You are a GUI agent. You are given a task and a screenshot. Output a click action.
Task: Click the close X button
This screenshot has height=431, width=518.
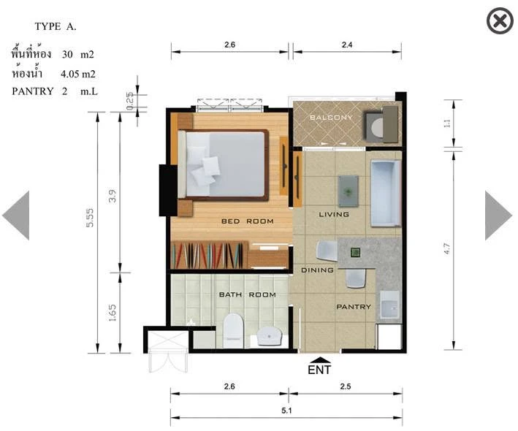pyautogui.click(x=500, y=20)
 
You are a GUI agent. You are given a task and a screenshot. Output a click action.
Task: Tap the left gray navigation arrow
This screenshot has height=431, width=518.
pyautogui.click(x=17, y=215)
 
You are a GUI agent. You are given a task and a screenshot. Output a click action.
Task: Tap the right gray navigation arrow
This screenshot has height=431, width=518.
pyautogui.click(x=498, y=215)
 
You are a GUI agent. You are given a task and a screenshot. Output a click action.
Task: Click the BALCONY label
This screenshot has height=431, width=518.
pyautogui.click(x=331, y=117)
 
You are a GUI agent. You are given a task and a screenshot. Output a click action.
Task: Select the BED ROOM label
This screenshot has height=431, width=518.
pyautogui.click(x=248, y=221)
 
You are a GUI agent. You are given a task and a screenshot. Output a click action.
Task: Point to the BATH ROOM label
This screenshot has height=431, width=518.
pyautogui.click(x=248, y=294)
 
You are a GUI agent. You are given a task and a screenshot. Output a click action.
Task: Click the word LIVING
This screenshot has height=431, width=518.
pyautogui.click(x=334, y=214)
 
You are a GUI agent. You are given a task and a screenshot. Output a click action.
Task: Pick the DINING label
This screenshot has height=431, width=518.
pyautogui.click(x=317, y=270)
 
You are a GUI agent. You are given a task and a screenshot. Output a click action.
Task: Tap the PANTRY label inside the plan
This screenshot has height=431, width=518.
pyautogui.click(x=354, y=307)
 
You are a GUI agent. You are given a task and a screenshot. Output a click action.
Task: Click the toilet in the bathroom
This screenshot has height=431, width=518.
pyautogui.click(x=233, y=330)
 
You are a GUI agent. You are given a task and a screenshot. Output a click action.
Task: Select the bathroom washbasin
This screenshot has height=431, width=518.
pyautogui.click(x=270, y=336)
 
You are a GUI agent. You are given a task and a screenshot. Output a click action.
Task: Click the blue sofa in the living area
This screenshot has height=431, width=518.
pyautogui.click(x=386, y=193)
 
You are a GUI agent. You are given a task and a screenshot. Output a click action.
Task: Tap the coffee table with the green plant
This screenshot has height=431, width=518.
pyautogui.click(x=348, y=191)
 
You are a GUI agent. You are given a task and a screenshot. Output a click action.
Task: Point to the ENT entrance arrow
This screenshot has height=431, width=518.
pyautogui.click(x=319, y=360)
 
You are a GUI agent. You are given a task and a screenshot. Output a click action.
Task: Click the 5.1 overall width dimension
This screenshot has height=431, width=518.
pyautogui.click(x=286, y=411)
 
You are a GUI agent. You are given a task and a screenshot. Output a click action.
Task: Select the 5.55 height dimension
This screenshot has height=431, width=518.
pyautogui.click(x=90, y=218)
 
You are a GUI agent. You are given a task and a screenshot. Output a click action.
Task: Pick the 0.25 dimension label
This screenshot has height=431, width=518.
pyautogui.click(x=129, y=101)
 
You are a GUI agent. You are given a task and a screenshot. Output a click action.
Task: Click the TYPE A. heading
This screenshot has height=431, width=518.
pyautogui.click(x=56, y=26)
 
